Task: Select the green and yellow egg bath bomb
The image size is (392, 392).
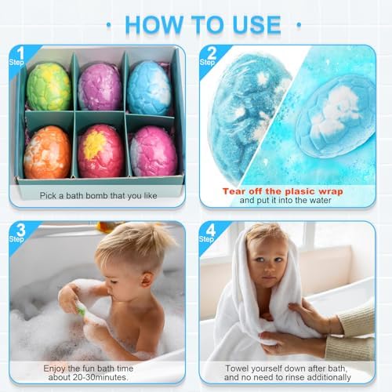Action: tap(48, 86)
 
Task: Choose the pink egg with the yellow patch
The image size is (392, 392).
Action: tap(100, 150)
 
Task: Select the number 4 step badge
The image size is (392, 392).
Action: tap(208, 232)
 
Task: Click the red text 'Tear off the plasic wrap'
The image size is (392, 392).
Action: tap(283, 191)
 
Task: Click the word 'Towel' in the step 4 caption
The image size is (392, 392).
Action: tap(238, 367)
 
